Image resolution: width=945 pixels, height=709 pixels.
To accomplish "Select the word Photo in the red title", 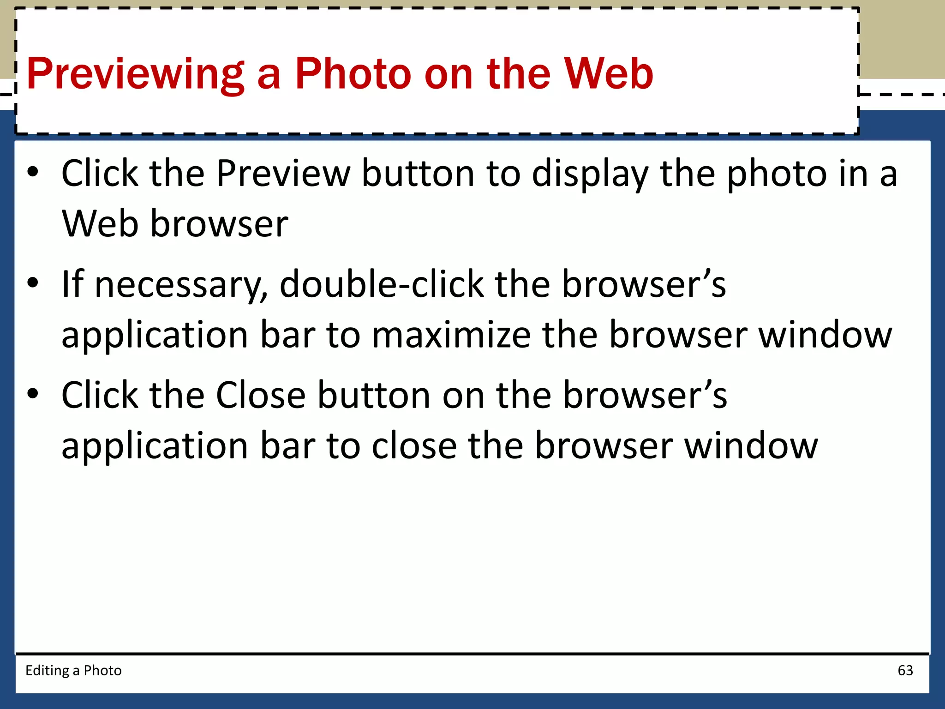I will [x=353, y=74].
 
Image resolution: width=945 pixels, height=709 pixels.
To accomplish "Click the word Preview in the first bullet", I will [x=283, y=174].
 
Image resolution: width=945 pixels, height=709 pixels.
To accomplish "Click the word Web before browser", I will [x=100, y=224].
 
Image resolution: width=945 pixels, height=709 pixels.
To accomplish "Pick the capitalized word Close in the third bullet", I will [x=261, y=396].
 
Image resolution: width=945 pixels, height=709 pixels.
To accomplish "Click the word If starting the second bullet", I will [x=73, y=284].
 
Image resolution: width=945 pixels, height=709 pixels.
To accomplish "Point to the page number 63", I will [x=905, y=670].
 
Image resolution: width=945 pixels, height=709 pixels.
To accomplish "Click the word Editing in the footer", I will [x=47, y=671].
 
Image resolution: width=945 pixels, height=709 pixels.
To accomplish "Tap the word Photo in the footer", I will [x=102, y=670].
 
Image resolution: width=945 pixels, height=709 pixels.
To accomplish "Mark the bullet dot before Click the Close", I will [x=33, y=394].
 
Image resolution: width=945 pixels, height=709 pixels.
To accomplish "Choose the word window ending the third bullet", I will [x=751, y=446].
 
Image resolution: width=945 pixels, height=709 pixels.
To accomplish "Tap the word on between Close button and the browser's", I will [x=463, y=396].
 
